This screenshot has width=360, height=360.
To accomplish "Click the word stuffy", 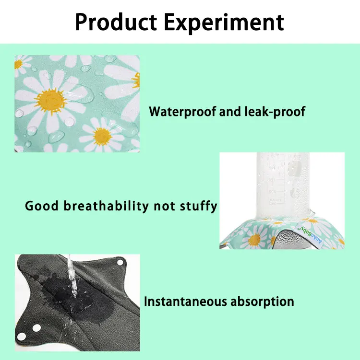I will [x=197, y=206].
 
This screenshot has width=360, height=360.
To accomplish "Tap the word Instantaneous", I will [x=185, y=302].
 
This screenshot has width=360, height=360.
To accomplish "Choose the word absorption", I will [x=262, y=302].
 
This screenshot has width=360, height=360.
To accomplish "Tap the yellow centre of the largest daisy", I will [x=49, y=99].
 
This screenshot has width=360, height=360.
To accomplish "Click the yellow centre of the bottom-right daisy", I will [x=101, y=137].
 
